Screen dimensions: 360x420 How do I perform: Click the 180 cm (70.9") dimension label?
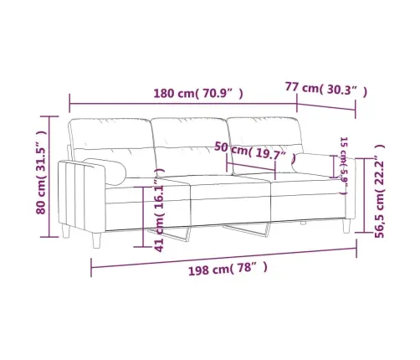click(x=198, y=93)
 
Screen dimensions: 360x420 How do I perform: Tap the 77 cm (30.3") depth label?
click(x=326, y=87)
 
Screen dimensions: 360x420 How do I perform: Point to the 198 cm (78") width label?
click(x=227, y=269)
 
